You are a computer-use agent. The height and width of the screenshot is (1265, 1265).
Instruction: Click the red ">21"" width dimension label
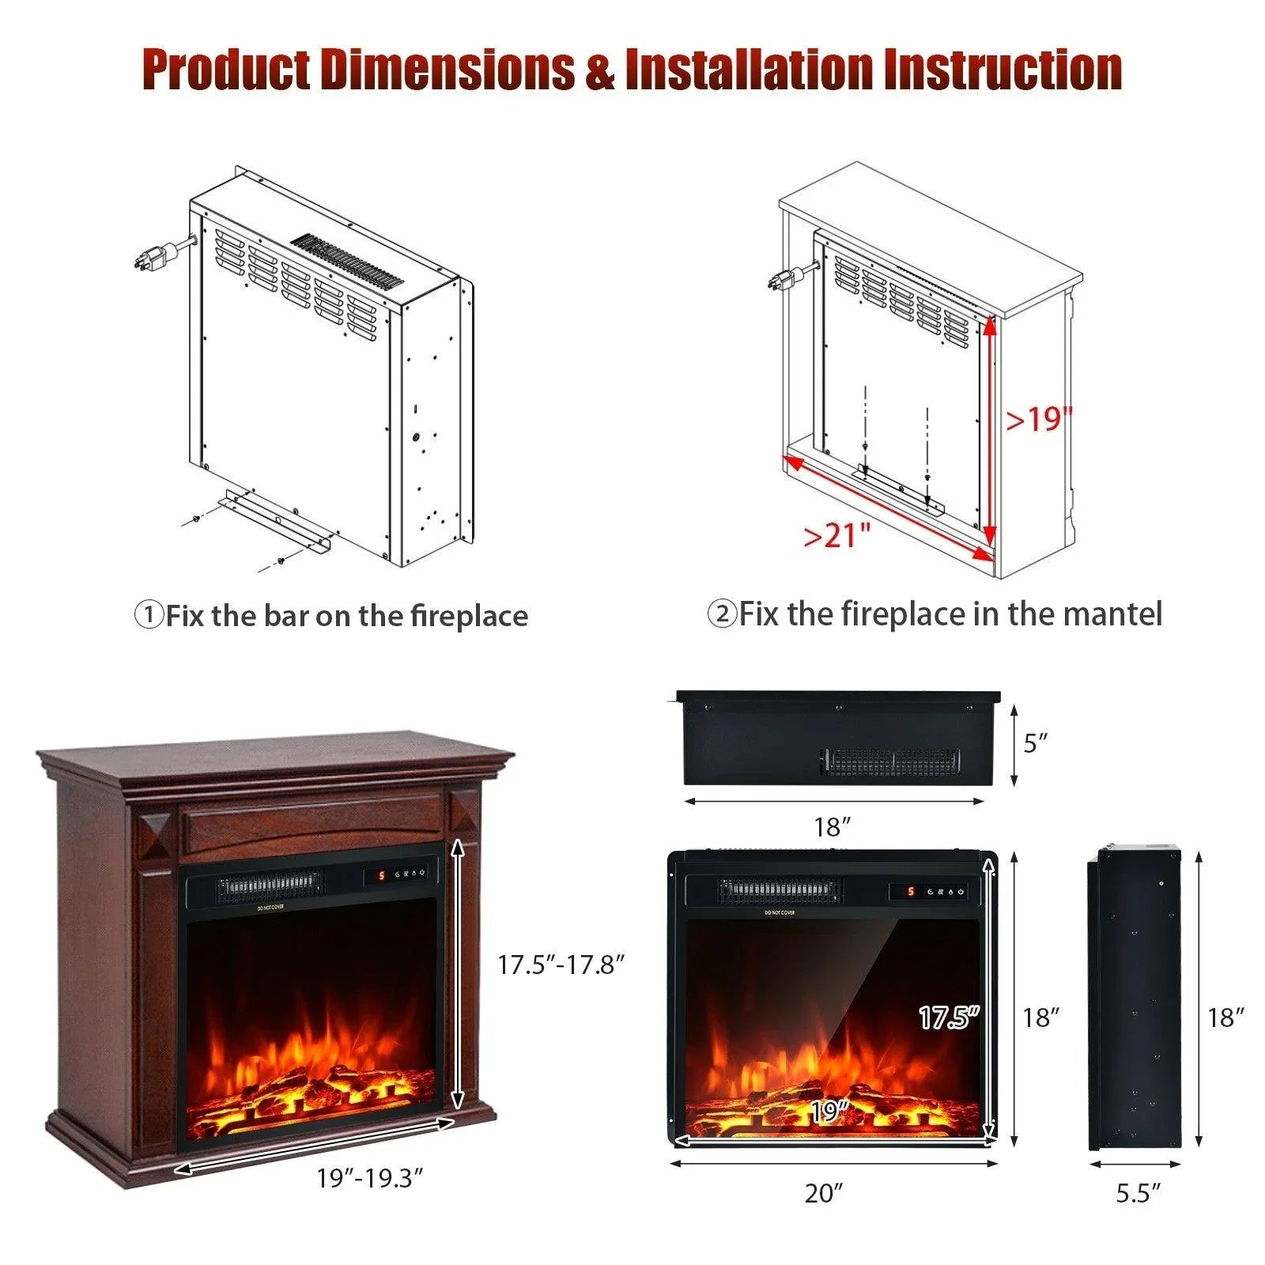pos(836,535)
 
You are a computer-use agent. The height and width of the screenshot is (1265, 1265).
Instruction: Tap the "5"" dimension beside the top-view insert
pos(1035,743)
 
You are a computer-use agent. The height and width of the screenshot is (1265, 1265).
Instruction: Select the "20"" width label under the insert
pos(824,1193)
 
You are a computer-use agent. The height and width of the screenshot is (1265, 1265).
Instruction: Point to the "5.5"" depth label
pos(1138,1193)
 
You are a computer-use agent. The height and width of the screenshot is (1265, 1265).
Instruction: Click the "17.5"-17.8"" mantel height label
pos(561,965)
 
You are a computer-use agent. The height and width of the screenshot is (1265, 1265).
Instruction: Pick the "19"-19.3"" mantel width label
pos(370,1178)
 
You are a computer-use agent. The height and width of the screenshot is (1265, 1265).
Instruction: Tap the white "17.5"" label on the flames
pos(949,1018)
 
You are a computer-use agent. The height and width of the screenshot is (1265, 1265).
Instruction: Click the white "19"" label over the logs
pos(829,1112)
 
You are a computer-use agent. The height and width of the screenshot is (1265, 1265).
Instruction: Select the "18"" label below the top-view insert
pos(832,827)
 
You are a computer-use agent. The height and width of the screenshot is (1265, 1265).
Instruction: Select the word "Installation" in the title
pos(749,70)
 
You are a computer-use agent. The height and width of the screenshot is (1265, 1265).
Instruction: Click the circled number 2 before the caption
pos(721,614)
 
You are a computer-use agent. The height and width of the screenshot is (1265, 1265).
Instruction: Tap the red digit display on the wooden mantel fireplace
pos(380,876)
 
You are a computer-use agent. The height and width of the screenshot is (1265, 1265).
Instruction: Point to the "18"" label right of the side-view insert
pos(1225,1018)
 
